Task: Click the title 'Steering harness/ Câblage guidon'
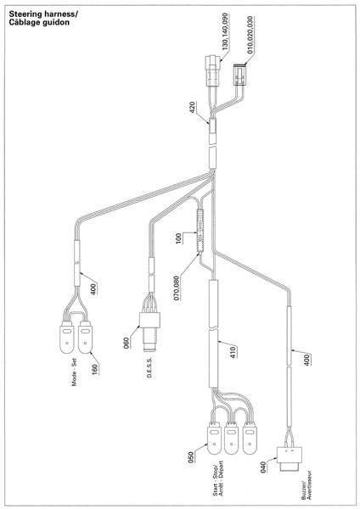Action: (x=43, y=18)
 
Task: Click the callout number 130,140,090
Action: (x=225, y=31)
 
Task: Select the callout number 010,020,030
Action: (x=250, y=35)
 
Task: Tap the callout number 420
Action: (x=192, y=108)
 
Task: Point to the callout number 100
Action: (x=179, y=238)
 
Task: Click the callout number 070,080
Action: (x=177, y=288)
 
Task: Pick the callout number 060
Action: (x=126, y=343)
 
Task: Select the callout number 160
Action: (x=94, y=370)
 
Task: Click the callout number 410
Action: (x=233, y=352)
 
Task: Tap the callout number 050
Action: (x=191, y=457)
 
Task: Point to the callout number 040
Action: (x=263, y=467)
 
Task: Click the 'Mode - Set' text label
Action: (x=75, y=372)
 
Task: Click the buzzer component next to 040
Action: (x=290, y=460)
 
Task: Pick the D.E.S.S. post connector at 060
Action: (x=149, y=332)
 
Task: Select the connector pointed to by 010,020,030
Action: (x=239, y=75)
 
